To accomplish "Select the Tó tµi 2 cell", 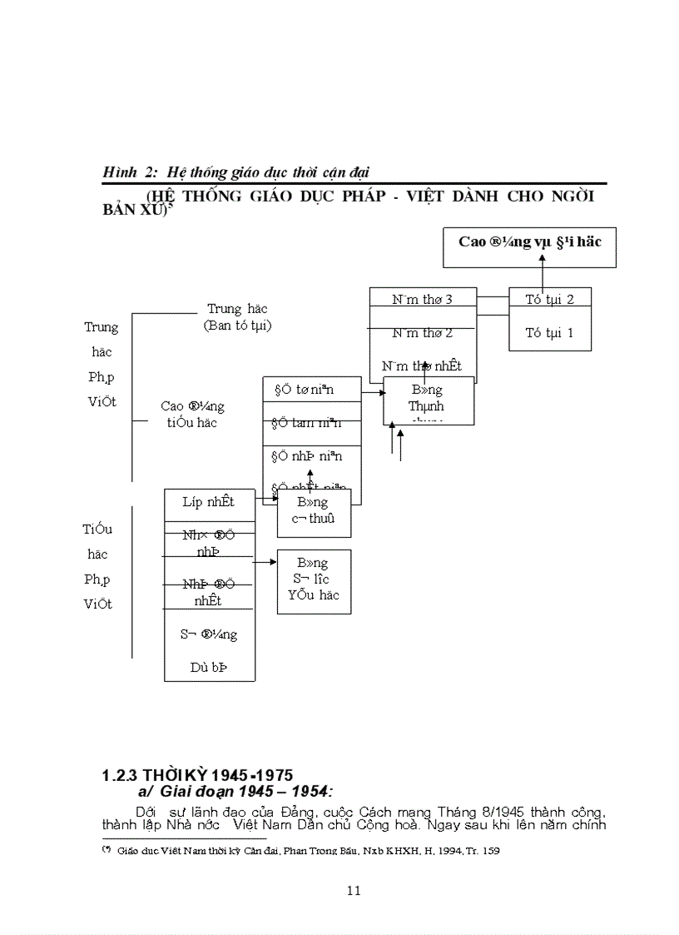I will [x=550, y=299].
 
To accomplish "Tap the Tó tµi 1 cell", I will [x=550, y=332].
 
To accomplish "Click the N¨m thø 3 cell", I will [x=422, y=299].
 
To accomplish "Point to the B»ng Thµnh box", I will [x=428, y=399].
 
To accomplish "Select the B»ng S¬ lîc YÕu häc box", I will [x=313, y=579].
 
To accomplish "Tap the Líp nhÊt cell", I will [x=209, y=501].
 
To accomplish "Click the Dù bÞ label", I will [x=209, y=667].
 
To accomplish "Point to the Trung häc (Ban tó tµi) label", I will [x=238, y=317].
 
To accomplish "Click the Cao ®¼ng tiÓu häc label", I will [x=192, y=414].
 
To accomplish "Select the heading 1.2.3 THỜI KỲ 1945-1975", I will [x=197, y=775].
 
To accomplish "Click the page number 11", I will [x=353, y=890].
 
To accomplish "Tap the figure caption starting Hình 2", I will [x=236, y=172].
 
